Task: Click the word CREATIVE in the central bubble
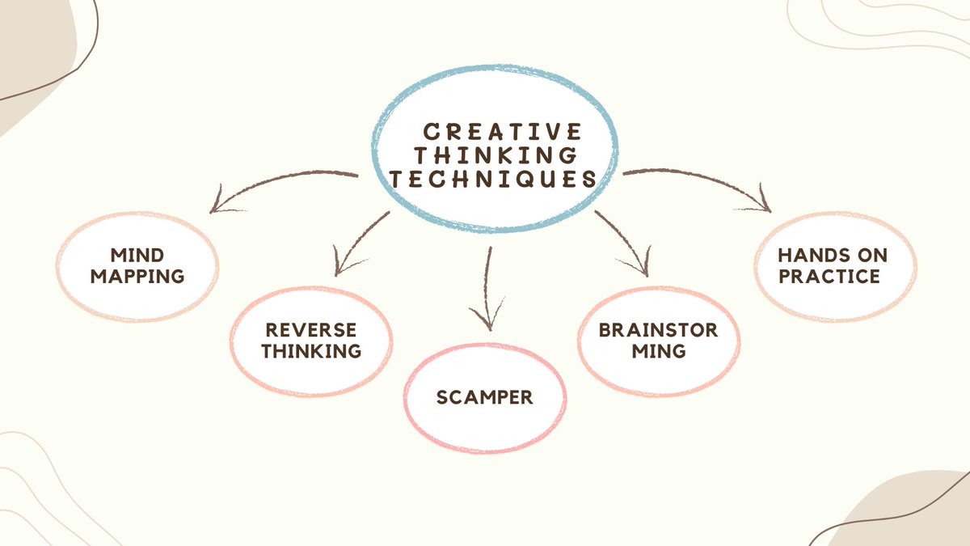click(503, 130)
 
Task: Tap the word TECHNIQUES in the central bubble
click(494, 180)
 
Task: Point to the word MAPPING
click(137, 276)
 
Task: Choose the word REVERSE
click(310, 330)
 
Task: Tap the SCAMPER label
click(485, 397)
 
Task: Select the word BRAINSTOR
click(658, 330)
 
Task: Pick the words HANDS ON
click(833, 256)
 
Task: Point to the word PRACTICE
click(833, 276)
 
